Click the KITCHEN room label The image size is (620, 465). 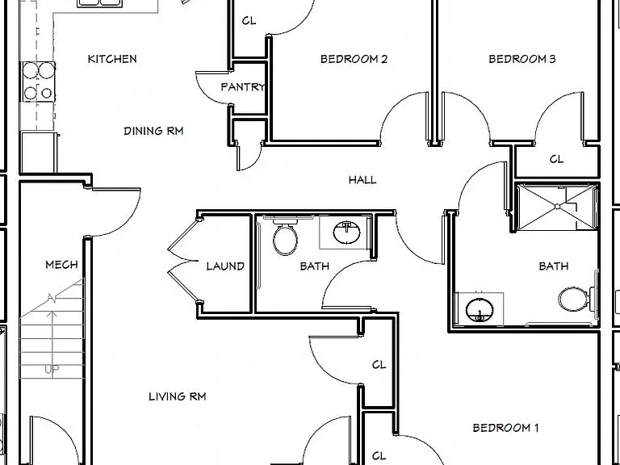tap(112, 59)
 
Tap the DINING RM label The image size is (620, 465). tap(153, 131)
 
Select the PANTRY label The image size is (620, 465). tap(242, 87)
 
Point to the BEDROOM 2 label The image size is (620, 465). tap(354, 59)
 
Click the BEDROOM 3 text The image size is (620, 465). tap(522, 59)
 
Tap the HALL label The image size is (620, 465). tap(362, 180)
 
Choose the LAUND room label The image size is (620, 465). tap(225, 266)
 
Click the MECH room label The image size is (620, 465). tap(61, 265)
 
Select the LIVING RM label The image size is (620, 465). tap(177, 396)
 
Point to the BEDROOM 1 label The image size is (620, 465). tap(505, 427)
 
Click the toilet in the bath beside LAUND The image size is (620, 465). tap(285, 237)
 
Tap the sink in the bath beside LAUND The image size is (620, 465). tap(346, 232)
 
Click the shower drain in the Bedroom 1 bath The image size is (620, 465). tap(557, 207)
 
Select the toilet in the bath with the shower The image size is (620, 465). tap(576, 299)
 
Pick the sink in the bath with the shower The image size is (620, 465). tap(480, 310)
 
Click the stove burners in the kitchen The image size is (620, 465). tap(39, 82)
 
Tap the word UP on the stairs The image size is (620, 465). tap(52, 369)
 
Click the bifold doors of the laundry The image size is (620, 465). tap(182, 261)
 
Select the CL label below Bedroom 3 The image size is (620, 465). tap(556, 159)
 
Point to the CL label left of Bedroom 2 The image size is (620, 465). tap(249, 20)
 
